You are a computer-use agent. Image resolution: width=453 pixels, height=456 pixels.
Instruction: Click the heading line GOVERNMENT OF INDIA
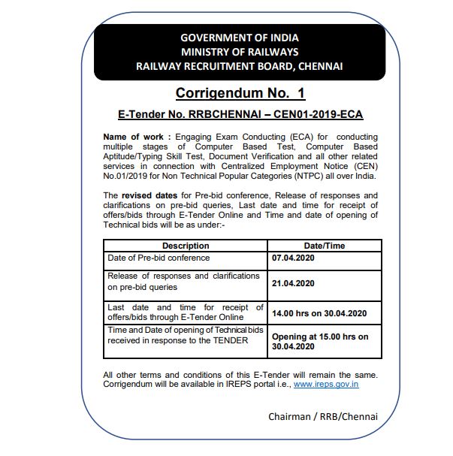click(240, 38)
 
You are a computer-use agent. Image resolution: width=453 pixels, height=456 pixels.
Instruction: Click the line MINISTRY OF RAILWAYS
click(240, 52)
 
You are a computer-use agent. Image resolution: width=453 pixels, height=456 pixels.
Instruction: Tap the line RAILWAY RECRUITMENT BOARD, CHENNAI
click(240, 66)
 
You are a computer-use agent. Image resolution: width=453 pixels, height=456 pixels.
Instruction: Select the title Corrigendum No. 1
click(240, 94)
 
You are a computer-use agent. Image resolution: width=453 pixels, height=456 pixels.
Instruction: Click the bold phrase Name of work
click(132, 136)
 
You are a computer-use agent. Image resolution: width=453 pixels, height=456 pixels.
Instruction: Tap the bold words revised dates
click(150, 195)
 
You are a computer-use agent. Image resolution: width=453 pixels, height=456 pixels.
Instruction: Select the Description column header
click(186, 246)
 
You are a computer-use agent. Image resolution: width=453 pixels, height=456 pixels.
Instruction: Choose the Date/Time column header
click(324, 246)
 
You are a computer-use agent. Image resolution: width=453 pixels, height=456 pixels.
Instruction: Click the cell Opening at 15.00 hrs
click(320, 337)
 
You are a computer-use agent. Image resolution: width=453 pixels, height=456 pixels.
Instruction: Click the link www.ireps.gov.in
click(325, 384)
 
